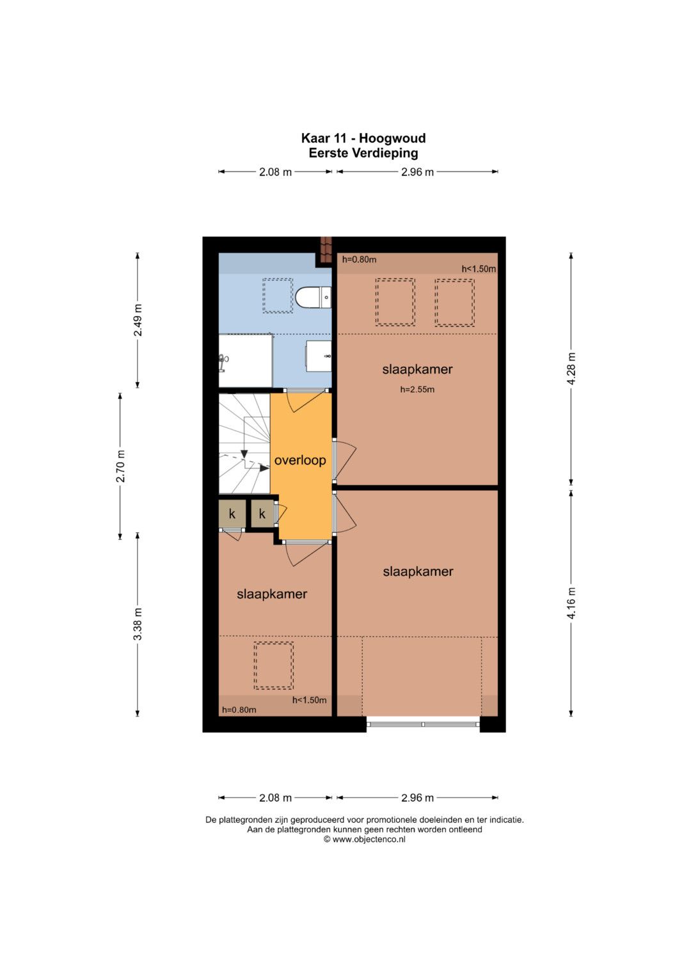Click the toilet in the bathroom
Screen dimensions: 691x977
click(314, 298)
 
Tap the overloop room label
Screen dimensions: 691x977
click(299, 460)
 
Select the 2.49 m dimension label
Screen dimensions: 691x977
click(138, 320)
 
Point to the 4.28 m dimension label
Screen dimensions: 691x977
click(571, 368)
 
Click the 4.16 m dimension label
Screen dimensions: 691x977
click(571, 603)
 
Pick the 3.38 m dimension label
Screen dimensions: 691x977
click(138, 624)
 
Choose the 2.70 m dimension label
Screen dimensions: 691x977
click(120, 466)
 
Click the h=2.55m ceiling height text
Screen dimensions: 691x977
click(417, 390)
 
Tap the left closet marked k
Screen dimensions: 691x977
click(232, 514)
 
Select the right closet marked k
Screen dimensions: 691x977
click(262, 514)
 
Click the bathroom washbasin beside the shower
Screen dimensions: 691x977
click(319, 356)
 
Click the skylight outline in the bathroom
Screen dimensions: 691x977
click(278, 296)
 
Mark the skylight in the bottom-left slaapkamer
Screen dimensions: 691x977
click(274, 665)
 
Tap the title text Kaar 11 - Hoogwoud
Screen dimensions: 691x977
click(363, 138)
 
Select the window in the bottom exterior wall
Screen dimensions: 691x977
click(423, 724)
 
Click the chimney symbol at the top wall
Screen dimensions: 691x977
click(326, 250)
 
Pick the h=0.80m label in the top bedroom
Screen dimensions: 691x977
click(359, 260)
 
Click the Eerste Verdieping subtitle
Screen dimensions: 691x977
click(363, 153)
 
